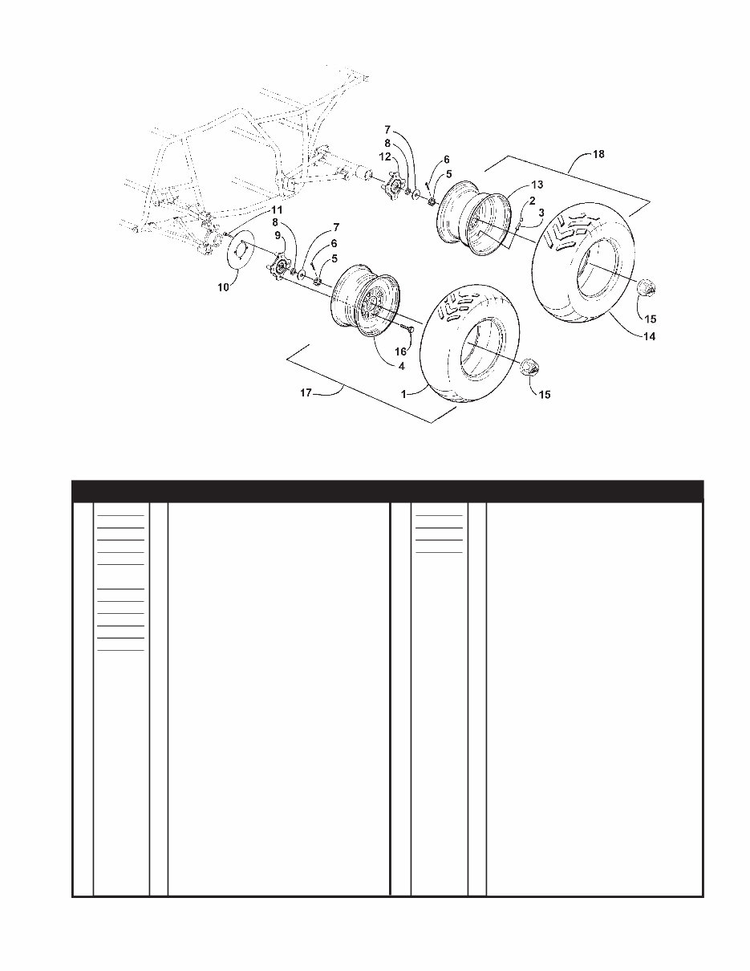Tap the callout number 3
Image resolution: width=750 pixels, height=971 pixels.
pyautogui.click(x=541, y=213)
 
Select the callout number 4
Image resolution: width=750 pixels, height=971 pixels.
pyautogui.click(x=401, y=366)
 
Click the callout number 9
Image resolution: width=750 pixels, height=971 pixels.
pyautogui.click(x=278, y=235)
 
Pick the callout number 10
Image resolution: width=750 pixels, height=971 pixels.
pyautogui.click(x=225, y=286)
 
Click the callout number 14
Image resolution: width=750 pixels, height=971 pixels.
pyautogui.click(x=648, y=337)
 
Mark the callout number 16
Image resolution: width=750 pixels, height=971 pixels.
pyautogui.click(x=402, y=351)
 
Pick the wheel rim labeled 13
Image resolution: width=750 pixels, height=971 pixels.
pyautogui.click(x=472, y=217)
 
